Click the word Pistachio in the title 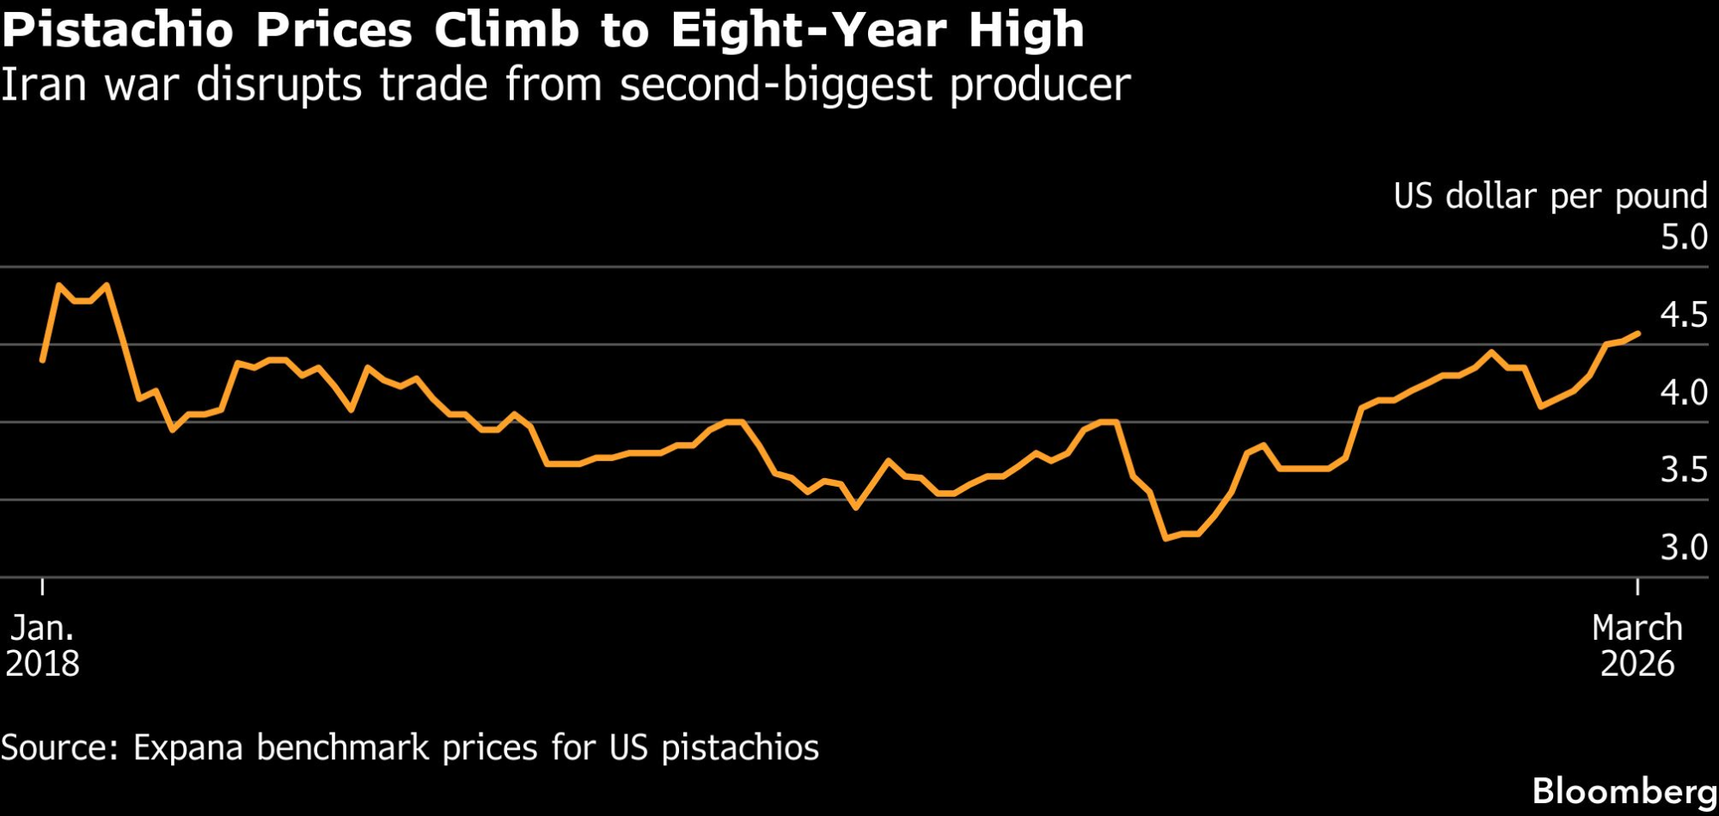[118, 31]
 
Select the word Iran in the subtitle [43, 85]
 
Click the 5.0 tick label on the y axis [1683, 237]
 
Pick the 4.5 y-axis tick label [1683, 316]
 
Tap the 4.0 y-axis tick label [1683, 393]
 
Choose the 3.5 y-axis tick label [1683, 470]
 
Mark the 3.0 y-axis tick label [1683, 548]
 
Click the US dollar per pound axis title [1550, 197]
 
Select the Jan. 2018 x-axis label [43, 646]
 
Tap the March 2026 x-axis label [1636, 646]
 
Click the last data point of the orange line [1638, 334]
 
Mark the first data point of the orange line [43, 360]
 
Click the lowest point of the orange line [1165, 539]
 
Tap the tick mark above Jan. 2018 [43, 586]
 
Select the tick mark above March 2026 [1637, 586]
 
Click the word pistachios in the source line [740, 748]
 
